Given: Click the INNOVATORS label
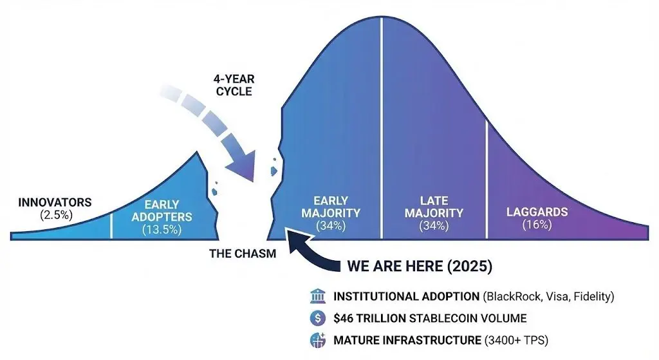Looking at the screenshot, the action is [55, 202].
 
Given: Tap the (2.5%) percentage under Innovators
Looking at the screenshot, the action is [57, 215].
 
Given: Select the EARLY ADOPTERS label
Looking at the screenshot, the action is [162, 211].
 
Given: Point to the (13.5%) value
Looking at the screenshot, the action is [162, 230].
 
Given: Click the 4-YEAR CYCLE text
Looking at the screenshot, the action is [234, 86].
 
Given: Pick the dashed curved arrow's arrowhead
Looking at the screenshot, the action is [242, 166].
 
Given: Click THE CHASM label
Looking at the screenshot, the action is [243, 254].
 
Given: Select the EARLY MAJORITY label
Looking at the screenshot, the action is [331, 207].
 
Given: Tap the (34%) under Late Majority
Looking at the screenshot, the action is [434, 226].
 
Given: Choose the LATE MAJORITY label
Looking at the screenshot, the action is [434, 207].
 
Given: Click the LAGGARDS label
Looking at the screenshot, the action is [537, 212].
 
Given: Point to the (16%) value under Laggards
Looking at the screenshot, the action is [537, 225].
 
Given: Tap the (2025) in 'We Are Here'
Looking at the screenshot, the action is [469, 266].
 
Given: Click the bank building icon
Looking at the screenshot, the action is [317, 296].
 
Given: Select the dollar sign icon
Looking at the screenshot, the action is [317, 318].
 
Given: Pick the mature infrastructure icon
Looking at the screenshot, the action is [317, 340].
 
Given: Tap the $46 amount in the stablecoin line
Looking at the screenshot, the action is [343, 318].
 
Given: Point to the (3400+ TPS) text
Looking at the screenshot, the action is [517, 340].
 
